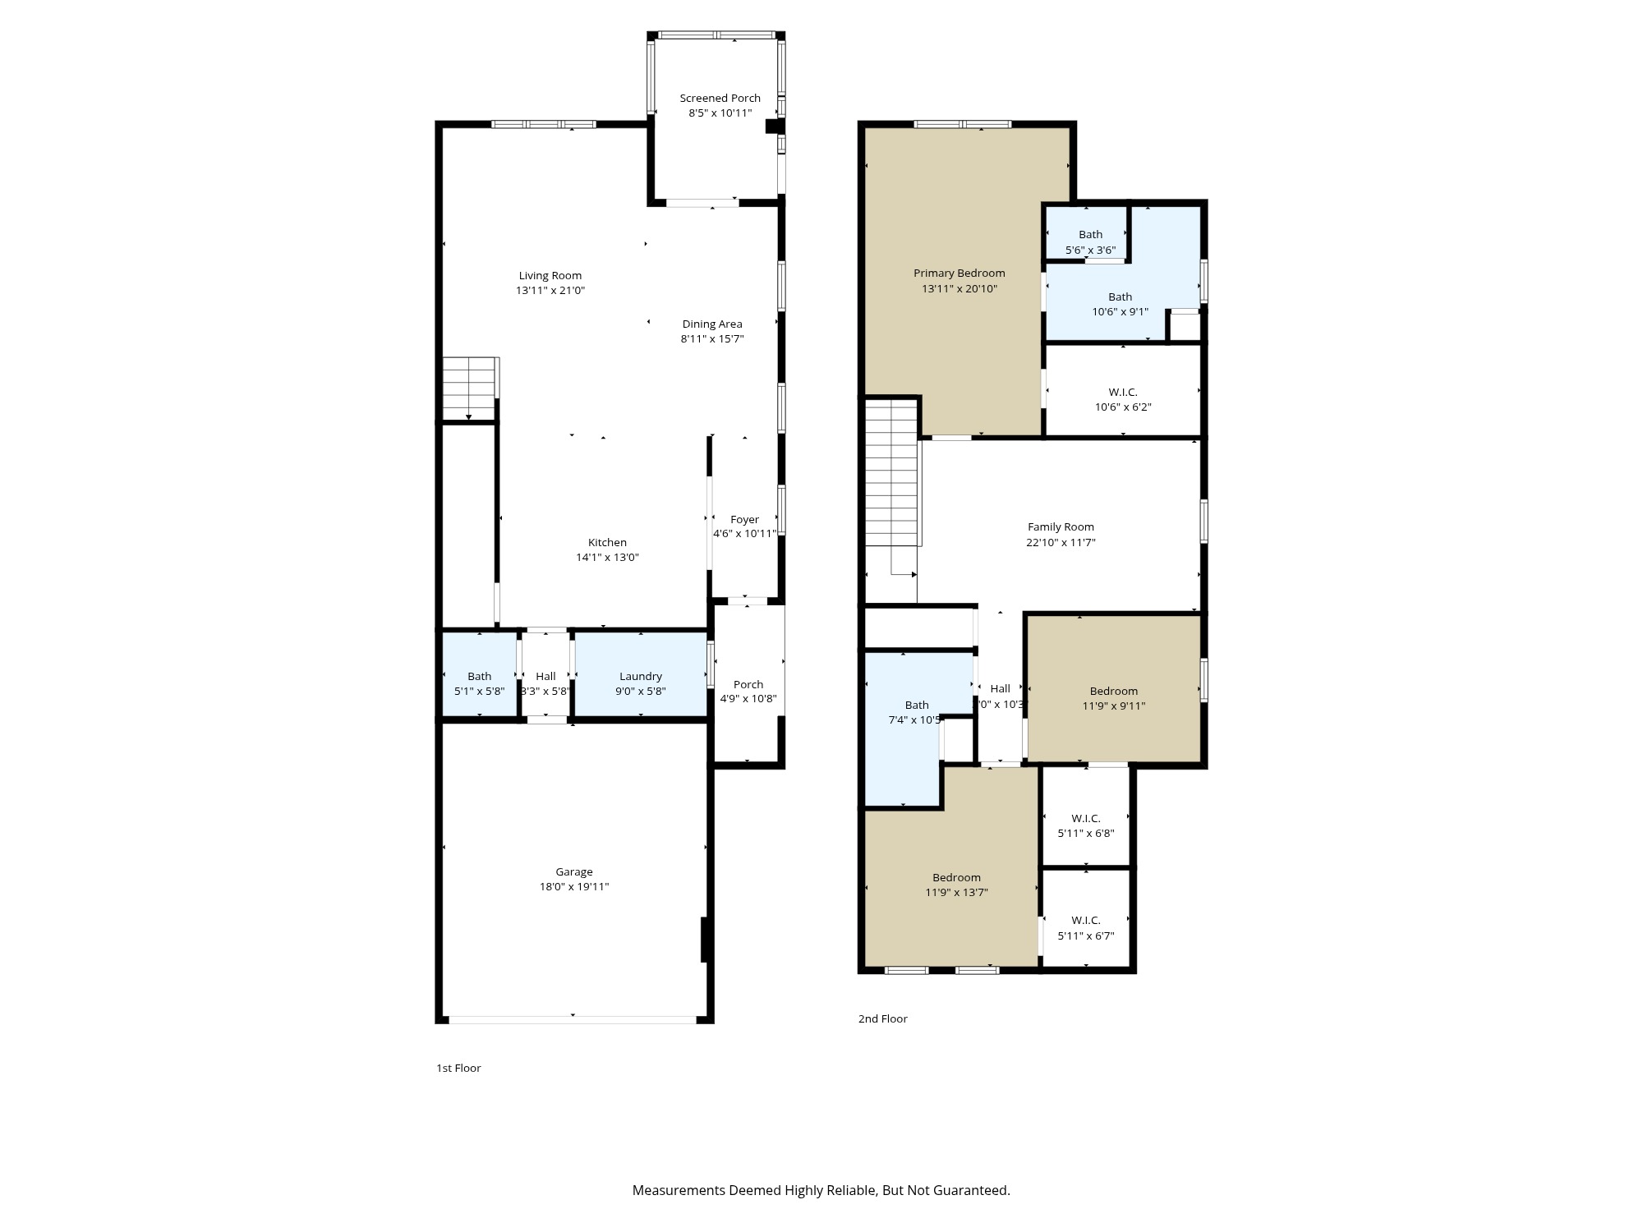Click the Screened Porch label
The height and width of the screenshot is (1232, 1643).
click(x=720, y=98)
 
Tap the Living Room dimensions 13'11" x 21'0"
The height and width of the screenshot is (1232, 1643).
click(x=550, y=291)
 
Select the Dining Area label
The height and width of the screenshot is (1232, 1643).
click(x=711, y=324)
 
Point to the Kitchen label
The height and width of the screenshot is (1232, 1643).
click(x=607, y=542)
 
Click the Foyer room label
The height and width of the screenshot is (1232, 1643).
click(x=744, y=519)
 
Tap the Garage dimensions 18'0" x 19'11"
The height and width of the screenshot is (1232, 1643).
click(x=573, y=887)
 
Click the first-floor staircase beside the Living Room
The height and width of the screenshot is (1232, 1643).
click(x=470, y=388)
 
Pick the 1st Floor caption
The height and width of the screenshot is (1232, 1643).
click(x=458, y=1068)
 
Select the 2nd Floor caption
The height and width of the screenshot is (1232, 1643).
click(x=882, y=1018)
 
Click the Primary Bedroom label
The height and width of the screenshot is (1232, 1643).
click(x=959, y=273)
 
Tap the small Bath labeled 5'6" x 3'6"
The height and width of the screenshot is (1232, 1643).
click(x=1090, y=241)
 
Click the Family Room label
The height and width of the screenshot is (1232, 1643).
click(x=1061, y=526)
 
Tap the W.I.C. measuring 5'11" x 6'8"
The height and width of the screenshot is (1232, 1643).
click(x=1085, y=825)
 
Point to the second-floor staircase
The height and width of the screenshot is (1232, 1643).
click(x=891, y=476)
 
